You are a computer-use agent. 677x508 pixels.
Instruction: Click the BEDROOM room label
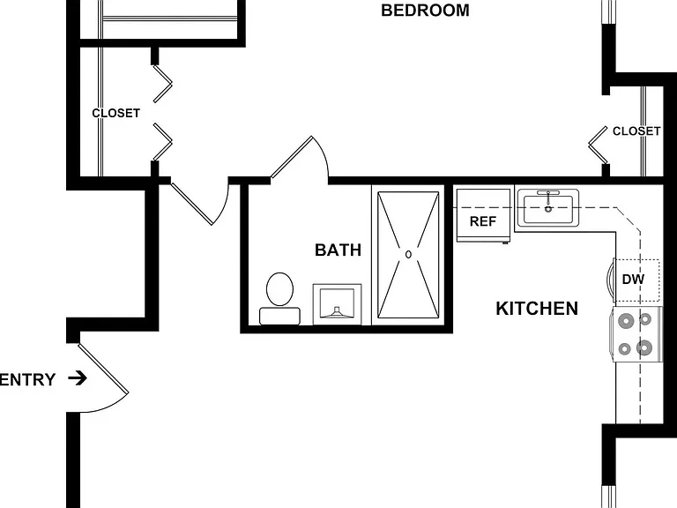(425, 11)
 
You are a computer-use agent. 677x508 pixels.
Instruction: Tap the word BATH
(338, 250)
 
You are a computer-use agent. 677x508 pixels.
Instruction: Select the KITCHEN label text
(537, 309)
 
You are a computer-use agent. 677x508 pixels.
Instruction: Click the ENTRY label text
(28, 380)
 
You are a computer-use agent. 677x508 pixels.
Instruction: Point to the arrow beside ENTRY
(78, 378)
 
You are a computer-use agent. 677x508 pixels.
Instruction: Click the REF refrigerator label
(483, 221)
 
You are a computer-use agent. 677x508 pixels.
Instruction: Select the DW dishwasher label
(633, 279)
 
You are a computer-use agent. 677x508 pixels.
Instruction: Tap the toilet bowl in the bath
(279, 289)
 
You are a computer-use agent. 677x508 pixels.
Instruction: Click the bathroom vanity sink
(338, 304)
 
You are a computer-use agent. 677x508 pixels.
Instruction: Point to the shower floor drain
(408, 254)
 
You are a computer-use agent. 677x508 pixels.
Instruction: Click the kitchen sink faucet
(548, 200)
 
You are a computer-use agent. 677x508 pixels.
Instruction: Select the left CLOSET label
(115, 113)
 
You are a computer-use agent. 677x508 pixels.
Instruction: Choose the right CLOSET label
(636, 131)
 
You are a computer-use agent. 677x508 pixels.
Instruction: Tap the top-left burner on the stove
(626, 321)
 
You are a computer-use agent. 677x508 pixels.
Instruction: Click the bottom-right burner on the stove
(644, 347)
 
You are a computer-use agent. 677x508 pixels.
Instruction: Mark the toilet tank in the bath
(279, 316)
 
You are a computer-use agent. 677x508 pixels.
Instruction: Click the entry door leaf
(103, 369)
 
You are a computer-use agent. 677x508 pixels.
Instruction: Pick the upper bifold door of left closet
(163, 84)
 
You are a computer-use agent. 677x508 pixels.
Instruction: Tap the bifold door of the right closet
(599, 146)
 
